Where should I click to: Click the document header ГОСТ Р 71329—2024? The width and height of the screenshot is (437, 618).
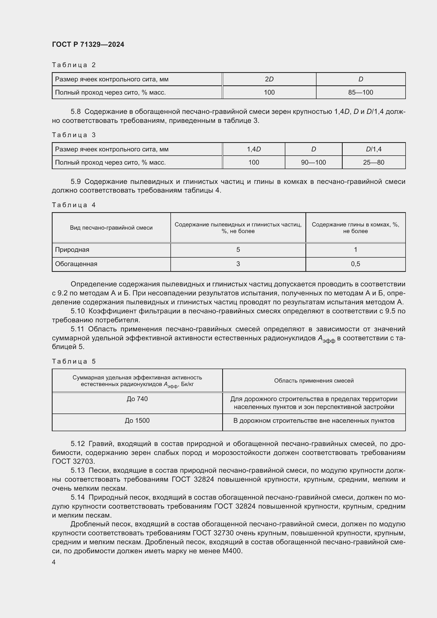88,44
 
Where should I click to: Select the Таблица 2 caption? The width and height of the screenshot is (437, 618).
74,65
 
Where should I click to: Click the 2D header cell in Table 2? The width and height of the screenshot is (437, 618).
269,79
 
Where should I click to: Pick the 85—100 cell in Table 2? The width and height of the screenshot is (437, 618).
361,92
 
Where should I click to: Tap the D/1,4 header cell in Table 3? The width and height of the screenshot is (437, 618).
374,149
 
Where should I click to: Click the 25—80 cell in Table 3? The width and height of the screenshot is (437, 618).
374,162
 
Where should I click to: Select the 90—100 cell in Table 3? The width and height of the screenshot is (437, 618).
313,162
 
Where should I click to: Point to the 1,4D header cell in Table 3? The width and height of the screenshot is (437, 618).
254,149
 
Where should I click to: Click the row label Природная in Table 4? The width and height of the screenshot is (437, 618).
72,249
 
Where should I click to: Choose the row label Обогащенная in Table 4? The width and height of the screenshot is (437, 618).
76,264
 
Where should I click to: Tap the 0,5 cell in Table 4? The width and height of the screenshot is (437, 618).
355,264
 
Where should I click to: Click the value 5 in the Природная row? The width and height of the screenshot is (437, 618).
238,249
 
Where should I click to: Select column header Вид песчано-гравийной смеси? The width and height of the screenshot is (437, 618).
111,228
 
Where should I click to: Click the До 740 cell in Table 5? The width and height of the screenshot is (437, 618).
137,399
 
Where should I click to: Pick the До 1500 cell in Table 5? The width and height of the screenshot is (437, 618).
137,420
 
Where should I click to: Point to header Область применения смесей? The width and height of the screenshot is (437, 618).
314,380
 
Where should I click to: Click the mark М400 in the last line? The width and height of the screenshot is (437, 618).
232,551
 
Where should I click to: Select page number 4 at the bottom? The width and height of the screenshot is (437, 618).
54,562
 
